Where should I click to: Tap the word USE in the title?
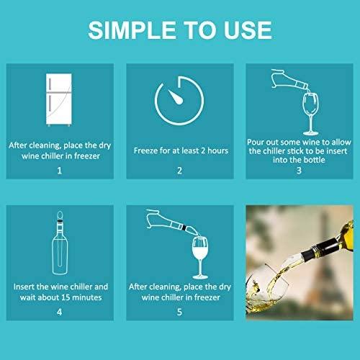[x=248, y=30]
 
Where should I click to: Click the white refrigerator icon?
[x=59, y=99]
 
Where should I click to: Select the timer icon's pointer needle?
[x=176, y=97]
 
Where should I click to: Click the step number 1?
[x=60, y=171]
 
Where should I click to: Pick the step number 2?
[x=179, y=171]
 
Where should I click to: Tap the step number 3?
[x=299, y=171]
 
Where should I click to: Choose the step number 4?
[x=60, y=312]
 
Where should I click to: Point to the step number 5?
[x=179, y=312]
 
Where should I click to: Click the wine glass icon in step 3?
[x=310, y=114]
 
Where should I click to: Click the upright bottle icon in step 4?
[x=60, y=243]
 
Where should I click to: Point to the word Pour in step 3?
[x=255, y=142]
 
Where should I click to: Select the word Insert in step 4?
[x=24, y=287]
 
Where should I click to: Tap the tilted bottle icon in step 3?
[x=290, y=81]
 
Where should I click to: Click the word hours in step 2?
[x=217, y=150]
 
